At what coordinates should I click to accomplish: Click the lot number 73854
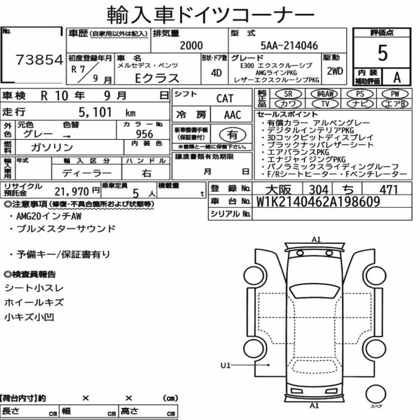point(39,60)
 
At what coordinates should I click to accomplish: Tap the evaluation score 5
point(383,53)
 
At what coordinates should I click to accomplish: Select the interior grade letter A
point(397,78)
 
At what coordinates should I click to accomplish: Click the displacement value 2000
point(191,45)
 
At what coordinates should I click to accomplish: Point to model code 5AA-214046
point(289,45)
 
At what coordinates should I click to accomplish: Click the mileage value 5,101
point(95,112)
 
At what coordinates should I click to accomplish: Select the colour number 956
point(144,134)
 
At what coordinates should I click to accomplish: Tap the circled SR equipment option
point(289,94)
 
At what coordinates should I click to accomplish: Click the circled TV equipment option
point(325,104)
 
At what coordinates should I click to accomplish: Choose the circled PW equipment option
point(395,94)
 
